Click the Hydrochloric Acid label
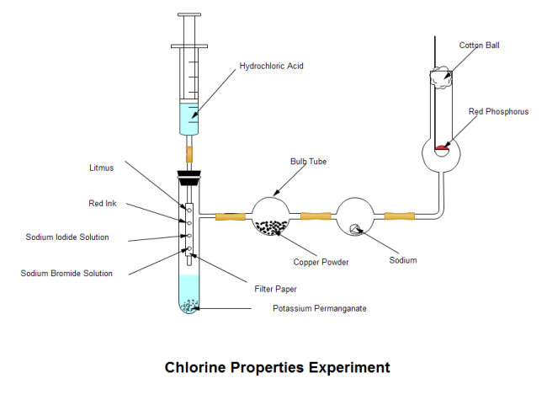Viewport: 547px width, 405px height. (x=271, y=65)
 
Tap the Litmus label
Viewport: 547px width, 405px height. (x=101, y=168)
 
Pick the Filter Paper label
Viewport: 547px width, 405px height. (x=275, y=289)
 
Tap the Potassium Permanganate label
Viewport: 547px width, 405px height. (x=320, y=308)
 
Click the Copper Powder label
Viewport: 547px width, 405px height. (x=321, y=262)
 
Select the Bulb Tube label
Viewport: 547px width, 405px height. (x=308, y=161)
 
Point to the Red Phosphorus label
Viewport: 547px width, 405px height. (x=498, y=112)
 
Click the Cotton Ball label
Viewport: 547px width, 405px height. (x=479, y=45)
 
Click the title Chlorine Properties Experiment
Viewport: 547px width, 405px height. (x=277, y=368)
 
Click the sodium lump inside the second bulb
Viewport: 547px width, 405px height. (x=355, y=228)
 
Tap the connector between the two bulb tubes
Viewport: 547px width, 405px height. (x=316, y=217)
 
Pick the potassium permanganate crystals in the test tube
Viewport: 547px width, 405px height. (x=189, y=306)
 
